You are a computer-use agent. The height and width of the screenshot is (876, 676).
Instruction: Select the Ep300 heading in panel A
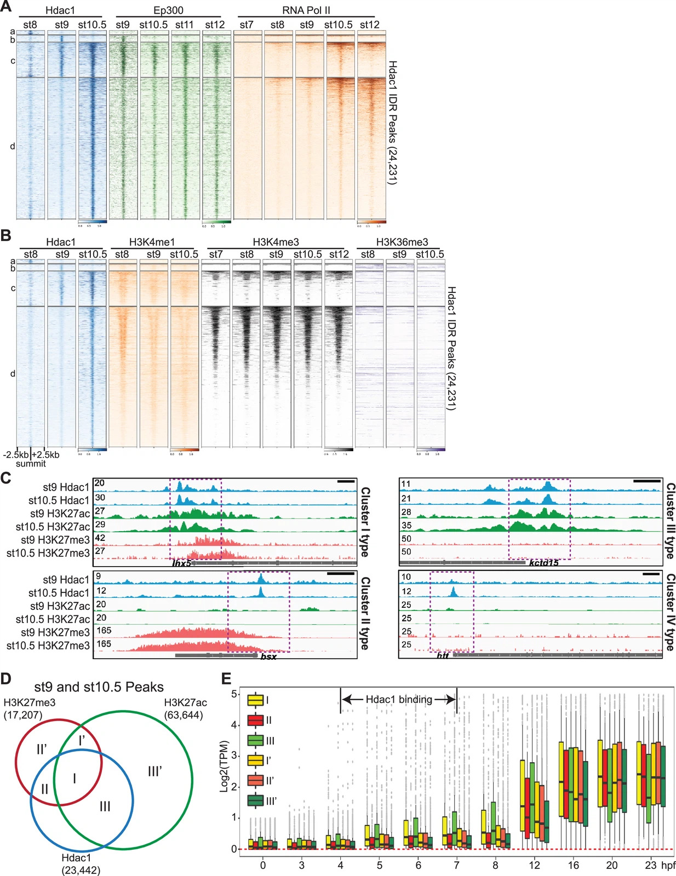click(168, 10)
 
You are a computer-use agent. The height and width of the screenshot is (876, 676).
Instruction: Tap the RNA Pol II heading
click(306, 10)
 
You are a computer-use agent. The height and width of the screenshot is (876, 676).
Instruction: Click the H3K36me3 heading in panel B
click(402, 242)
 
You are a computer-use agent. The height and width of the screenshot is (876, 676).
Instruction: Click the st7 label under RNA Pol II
click(247, 25)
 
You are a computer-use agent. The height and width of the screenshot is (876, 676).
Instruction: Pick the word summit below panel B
click(31, 464)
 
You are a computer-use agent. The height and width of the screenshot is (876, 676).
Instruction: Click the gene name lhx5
click(181, 563)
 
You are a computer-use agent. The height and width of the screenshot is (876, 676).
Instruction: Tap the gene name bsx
click(268, 656)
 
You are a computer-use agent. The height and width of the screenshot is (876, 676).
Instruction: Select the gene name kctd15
click(543, 563)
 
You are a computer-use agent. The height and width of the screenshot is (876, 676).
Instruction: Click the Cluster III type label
click(670, 521)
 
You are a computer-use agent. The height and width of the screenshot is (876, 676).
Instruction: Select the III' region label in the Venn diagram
click(155, 771)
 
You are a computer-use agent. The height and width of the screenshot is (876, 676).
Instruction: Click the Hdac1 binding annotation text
click(399, 699)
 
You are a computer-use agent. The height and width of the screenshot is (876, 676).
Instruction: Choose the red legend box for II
click(255, 721)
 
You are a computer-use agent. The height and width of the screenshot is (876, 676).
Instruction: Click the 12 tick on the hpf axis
click(534, 865)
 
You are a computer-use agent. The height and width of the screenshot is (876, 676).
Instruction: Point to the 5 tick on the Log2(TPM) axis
click(234, 694)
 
